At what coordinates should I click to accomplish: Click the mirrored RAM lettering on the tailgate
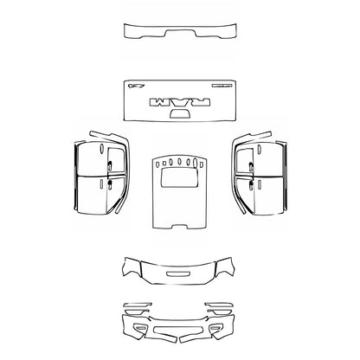click(x=179, y=101)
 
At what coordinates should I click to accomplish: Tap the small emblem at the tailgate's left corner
click(x=134, y=86)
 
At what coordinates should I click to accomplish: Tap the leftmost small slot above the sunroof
click(x=159, y=163)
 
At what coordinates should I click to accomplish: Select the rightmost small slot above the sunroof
click(x=200, y=163)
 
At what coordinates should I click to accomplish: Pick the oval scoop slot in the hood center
click(x=179, y=275)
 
